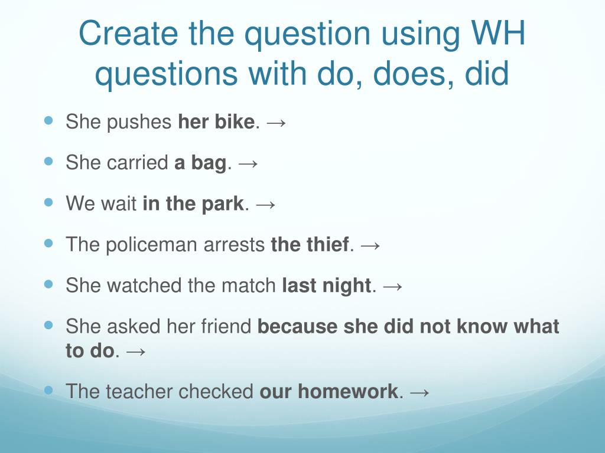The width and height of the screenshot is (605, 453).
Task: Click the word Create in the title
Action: pyautogui.click(x=128, y=33)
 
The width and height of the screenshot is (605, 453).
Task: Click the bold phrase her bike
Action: pyautogui.click(x=216, y=122)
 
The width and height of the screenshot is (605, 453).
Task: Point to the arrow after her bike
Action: pyautogui.click(x=277, y=123)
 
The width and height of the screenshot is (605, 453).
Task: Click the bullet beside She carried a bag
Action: pyautogui.click(x=48, y=162)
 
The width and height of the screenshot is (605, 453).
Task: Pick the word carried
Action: pyautogui.click(x=137, y=162)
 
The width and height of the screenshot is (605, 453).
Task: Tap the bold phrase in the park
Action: pyautogui.click(x=193, y=203)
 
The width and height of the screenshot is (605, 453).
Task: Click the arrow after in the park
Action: pyautogui.click(x=266, y=205)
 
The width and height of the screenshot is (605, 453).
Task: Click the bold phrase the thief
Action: pyautogui.click(x=310, y=244)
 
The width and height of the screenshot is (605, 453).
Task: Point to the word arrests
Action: pyautogui.click(x=234, y=245)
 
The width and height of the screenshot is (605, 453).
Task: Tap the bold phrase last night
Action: pyautogui.click(x=326, y=285)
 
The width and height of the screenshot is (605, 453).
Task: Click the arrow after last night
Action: pyautogui.click(x=393, y=287)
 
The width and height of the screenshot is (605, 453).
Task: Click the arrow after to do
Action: pyautogui.click(x=136, y=352)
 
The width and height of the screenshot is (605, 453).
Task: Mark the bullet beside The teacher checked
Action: pyautogui.click(x=48, y=390)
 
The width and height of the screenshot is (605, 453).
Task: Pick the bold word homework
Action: pyautogui.click(x=347, y=392)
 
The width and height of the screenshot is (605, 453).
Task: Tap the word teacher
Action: pyautogui.click(x=139, y=392)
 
